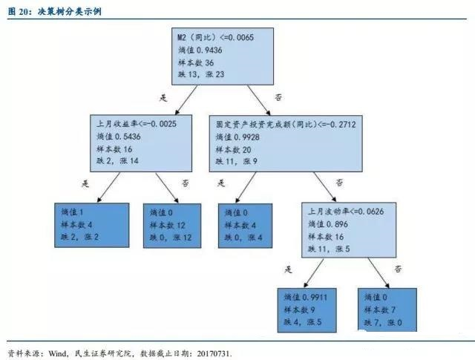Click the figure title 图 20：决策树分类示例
tap(54, 12)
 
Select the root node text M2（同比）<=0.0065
tap(215, 37)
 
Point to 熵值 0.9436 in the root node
tap(200, 50)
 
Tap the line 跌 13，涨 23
tap(201, 74)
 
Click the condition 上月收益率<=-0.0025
tap(137, 124)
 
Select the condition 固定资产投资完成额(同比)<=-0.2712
tap(286, 124)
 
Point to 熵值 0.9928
tap(237, 137)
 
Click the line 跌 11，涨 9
tap(236, 161)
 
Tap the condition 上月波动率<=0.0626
tap(346, 212)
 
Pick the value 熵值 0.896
tap(328, 224)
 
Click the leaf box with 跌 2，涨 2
tap(92, 225)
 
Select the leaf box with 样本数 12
tap(172, 226)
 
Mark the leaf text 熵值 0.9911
tap(305, 297)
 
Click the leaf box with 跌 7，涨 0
tap(387, 310)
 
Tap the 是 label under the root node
tap(163, 98)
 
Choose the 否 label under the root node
tap(278, 97)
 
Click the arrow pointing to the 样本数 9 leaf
tap(313, 272)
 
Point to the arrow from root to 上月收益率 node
tap(186, 100)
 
